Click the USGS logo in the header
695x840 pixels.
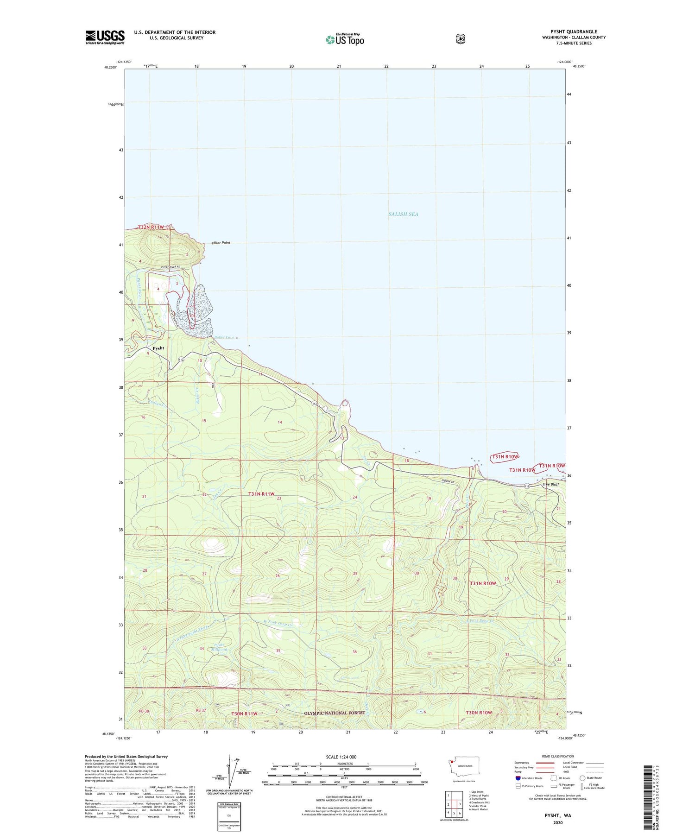[105, 37]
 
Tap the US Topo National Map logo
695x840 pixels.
[345, 39]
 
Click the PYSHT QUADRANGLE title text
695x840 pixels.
[574, 32]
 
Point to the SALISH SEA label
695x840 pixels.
[403, 214]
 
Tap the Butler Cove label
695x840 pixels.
[224, 337]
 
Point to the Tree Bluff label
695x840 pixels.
[550, 485]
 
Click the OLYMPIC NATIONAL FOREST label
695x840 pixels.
[335, 713]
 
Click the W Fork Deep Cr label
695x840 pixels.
[278, 624]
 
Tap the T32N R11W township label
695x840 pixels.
[151, 227]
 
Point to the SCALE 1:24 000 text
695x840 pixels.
[341, 757]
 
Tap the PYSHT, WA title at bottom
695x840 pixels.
[557, 815]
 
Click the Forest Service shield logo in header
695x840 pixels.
[460, 39]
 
